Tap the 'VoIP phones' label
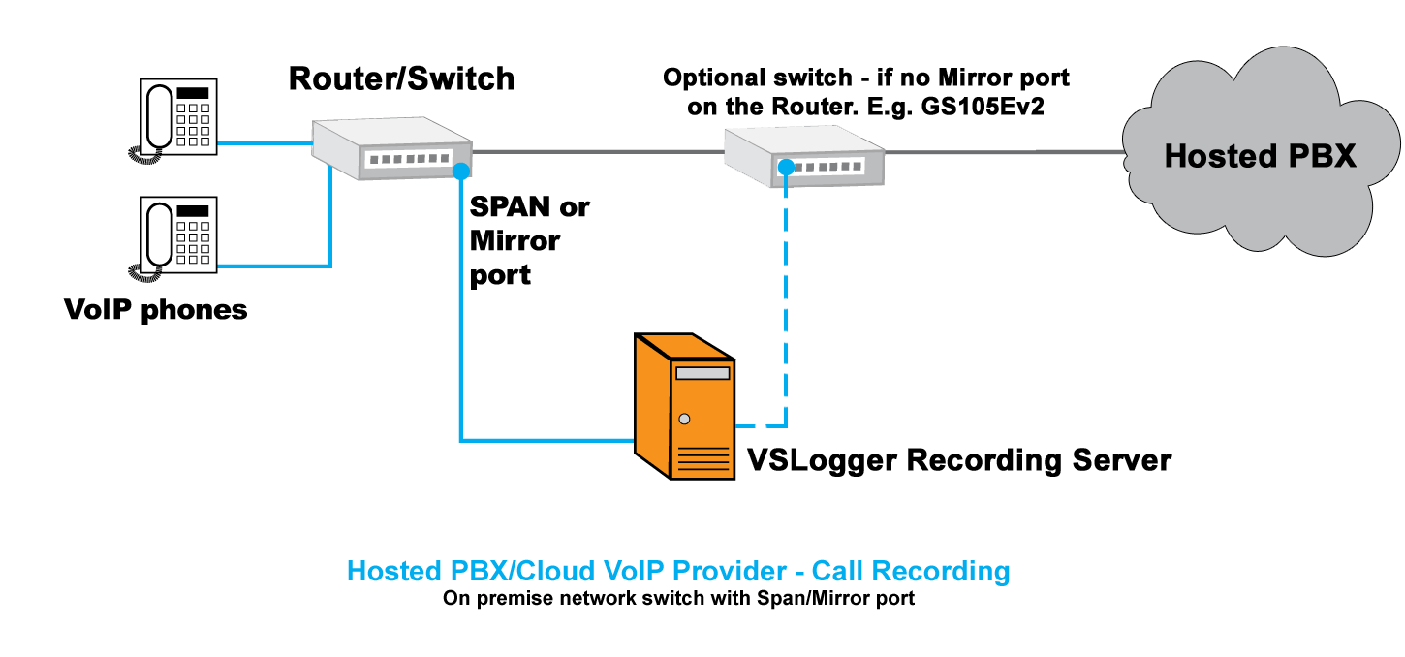pos(155,310)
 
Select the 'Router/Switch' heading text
pos(401,78)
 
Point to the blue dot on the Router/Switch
pos(461,172)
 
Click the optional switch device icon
pos(805,157)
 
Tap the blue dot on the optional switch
pos(786,169)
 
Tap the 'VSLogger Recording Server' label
pos(958,459)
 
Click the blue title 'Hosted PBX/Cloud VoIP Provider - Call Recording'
pos(678,571)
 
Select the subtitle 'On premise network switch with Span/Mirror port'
pos(678,598)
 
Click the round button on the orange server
pos(685,420)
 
